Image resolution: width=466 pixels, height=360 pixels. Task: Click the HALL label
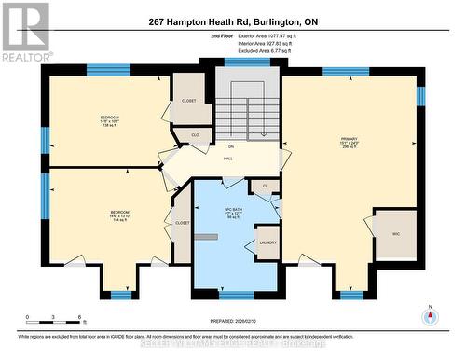227,159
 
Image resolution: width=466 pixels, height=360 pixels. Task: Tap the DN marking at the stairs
230,146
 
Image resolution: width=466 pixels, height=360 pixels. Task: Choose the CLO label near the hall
195,134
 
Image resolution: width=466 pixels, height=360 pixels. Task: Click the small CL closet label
265,187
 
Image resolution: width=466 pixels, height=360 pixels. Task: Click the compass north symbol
429,314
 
